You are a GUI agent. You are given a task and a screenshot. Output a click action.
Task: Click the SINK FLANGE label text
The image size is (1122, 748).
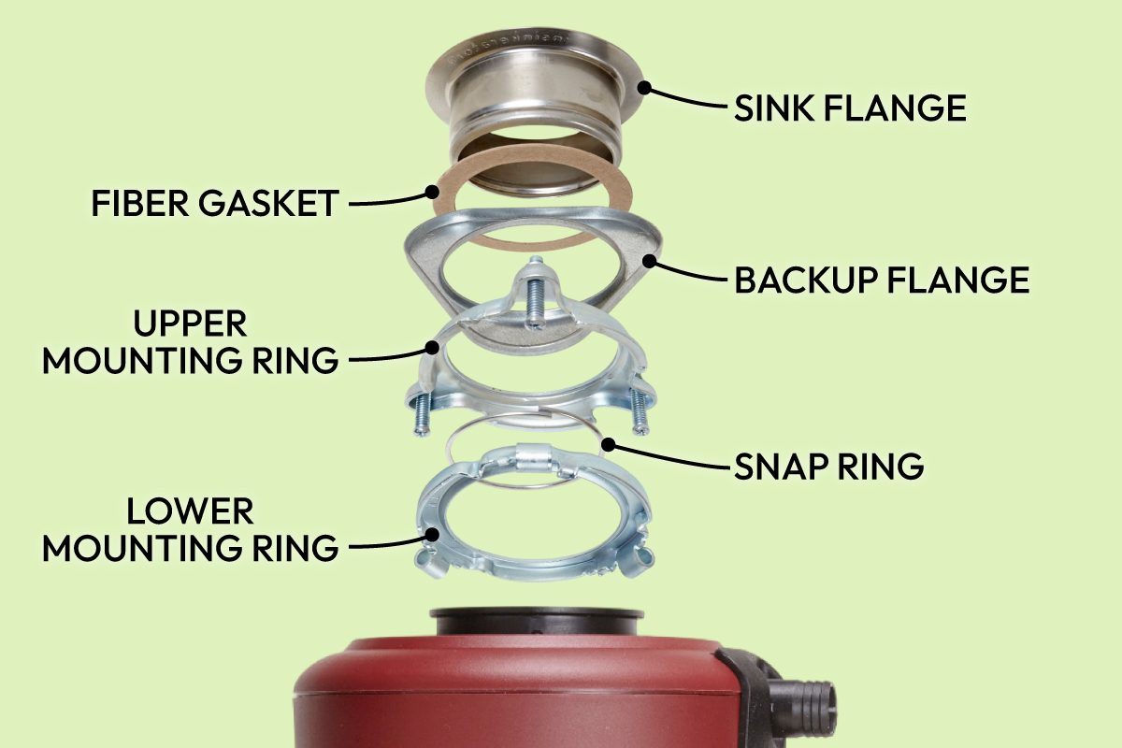point(849,108)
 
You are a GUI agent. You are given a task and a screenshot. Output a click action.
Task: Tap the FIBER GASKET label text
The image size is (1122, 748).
point(214,203)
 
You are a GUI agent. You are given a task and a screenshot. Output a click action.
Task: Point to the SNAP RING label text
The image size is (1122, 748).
point(828,465)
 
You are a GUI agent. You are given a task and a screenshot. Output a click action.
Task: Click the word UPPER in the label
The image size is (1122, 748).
point(190,324)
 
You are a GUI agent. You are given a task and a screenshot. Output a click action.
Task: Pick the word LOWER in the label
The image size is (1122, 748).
point(190,511)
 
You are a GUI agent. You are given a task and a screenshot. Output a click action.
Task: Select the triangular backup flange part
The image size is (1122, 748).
point(425,257)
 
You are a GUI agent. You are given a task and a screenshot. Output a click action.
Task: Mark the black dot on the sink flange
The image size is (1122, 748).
point(643,88)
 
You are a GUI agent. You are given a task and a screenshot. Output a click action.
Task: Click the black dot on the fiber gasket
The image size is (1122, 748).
point(432,193)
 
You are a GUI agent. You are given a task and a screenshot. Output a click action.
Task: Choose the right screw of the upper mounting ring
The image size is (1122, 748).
point(639,411)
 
